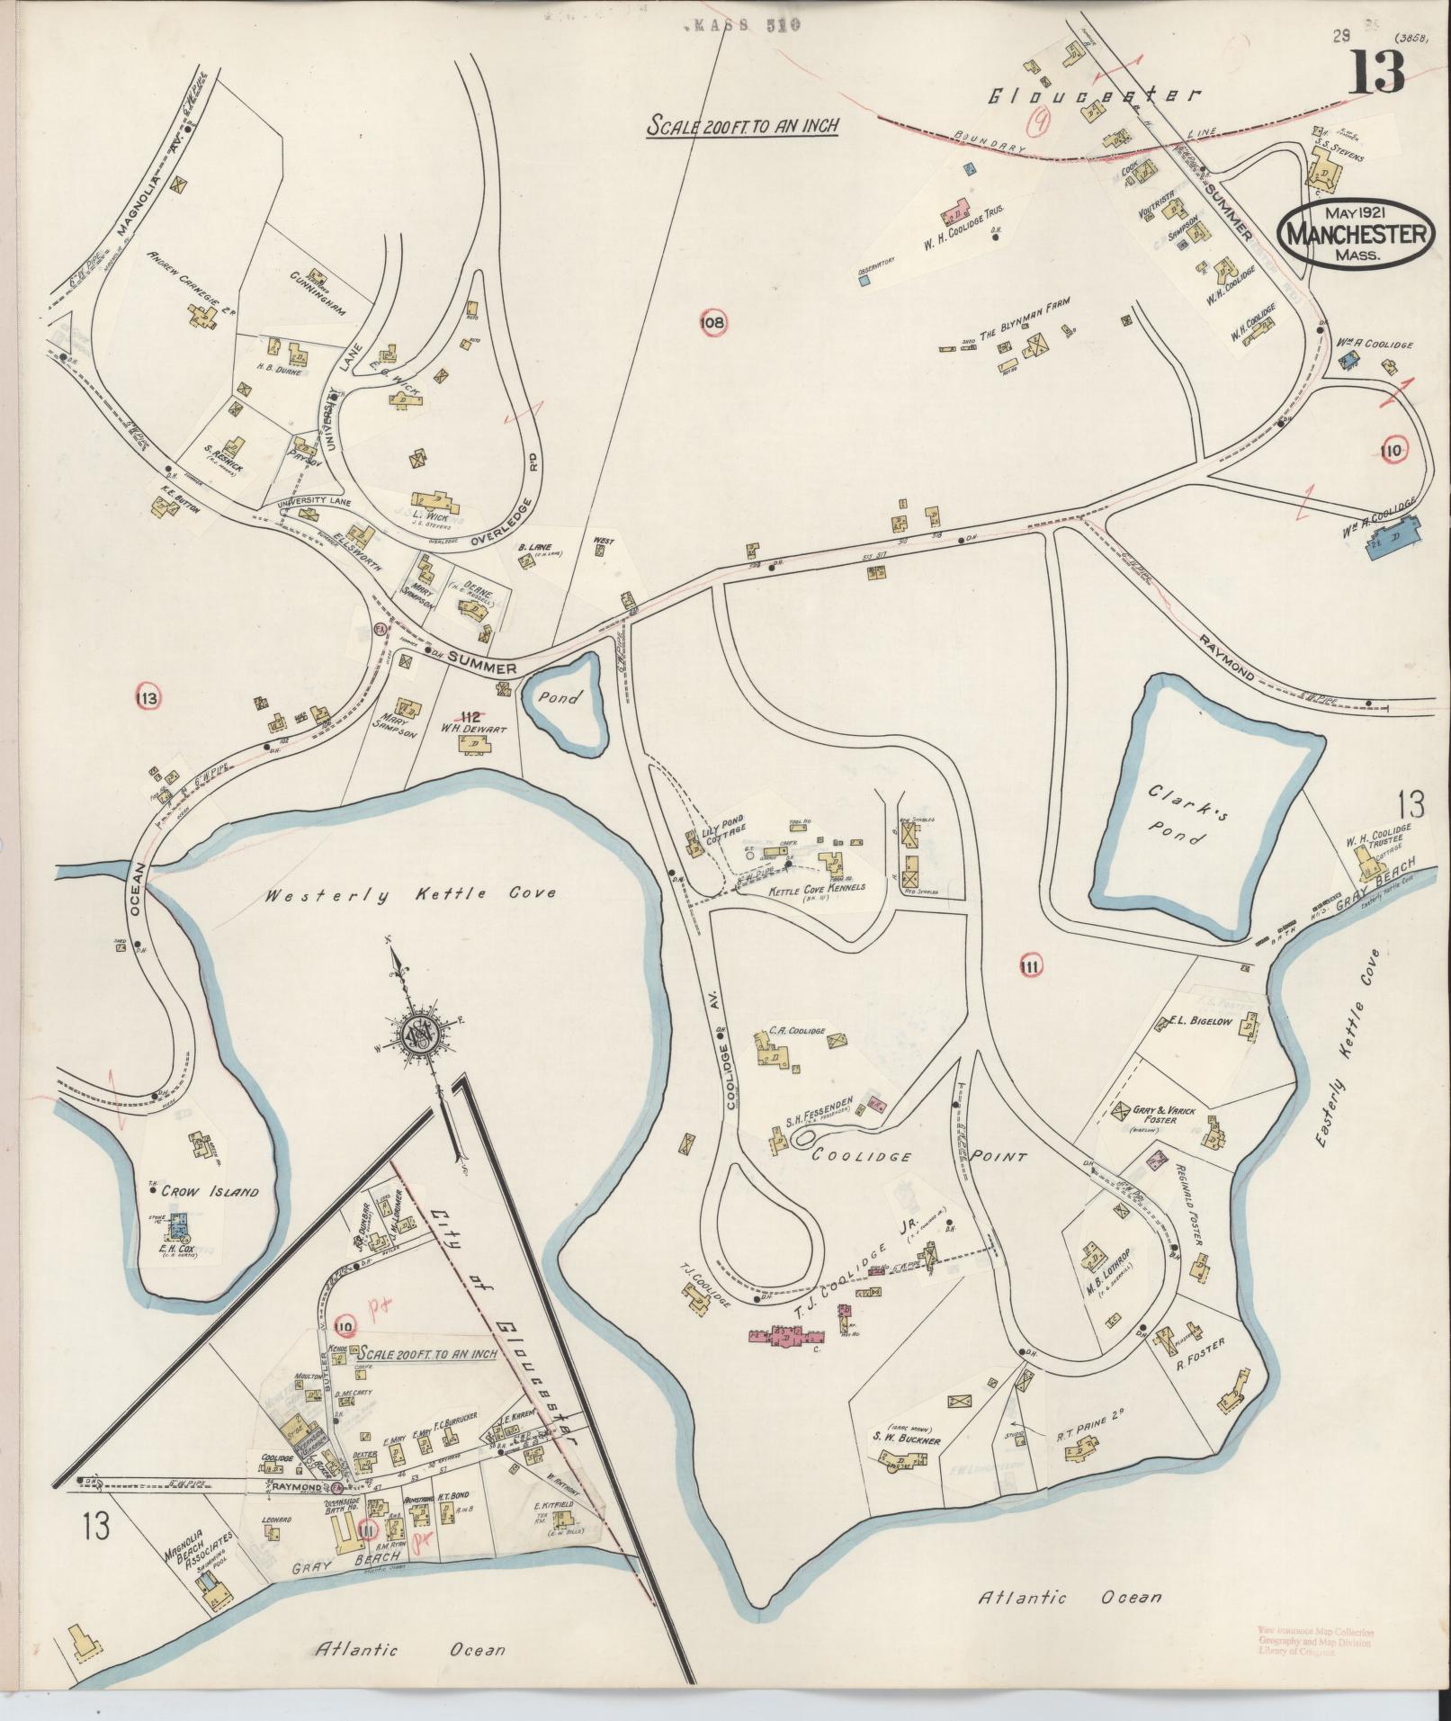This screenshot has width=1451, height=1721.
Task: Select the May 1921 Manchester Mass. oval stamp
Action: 1353,232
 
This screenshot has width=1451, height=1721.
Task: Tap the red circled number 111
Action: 1031,967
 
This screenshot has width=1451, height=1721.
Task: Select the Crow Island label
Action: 210,1192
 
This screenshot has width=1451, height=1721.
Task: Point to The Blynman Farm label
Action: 1023,331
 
